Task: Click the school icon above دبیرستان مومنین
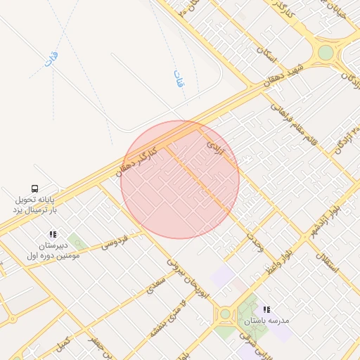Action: pos(53,234)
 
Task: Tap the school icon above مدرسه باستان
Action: pos(266,309)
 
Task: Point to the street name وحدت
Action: pos(255,240)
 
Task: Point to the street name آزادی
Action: pos(214,146)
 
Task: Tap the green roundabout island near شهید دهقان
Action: pos(325,53)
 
